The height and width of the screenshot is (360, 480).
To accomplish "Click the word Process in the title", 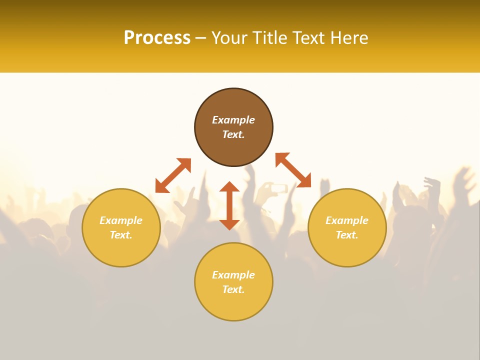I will click(157, 38).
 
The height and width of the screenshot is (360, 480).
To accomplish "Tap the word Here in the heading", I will click(348, 38).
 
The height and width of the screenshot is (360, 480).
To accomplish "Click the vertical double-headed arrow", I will click(229, 205).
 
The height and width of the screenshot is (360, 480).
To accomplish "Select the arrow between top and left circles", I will click(173, 175).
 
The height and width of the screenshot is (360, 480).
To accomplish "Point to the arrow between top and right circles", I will click(293, 170).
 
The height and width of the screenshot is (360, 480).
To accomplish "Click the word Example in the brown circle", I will click(233, 120).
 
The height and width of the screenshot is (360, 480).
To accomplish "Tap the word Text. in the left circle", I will click(121, 235).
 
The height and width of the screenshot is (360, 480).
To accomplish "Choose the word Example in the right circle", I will click(347, 220).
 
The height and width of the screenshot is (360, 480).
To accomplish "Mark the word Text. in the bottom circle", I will click(233, 289).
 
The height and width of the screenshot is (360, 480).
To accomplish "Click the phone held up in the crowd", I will click(278, 188).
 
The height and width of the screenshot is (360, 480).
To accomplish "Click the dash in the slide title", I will click(201, 38).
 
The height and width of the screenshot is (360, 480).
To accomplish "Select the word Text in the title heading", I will click(305, 38).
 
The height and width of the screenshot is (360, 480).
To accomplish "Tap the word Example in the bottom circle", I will click(233, 275).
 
